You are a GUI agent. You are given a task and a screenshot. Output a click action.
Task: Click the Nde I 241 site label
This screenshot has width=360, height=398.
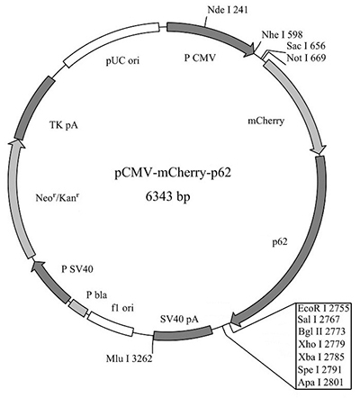[x=228, y=10]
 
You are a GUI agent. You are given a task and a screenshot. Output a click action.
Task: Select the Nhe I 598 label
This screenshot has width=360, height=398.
[x=282, y=34]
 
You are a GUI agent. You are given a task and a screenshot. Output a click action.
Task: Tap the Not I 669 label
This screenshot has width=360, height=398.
[x=306, y=58]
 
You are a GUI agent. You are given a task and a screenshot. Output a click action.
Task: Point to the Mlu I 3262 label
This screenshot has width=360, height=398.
[x=130, y=358]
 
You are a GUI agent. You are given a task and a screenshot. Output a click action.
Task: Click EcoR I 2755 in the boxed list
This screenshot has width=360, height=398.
[x=323, y=308]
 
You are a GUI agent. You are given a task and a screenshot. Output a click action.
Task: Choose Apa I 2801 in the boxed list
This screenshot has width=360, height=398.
[x=320, y=383]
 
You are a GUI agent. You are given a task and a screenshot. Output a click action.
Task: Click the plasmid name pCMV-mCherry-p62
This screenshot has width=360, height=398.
[x=173, y=174]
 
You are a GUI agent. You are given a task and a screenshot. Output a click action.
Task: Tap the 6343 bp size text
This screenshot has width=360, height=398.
[x=168, y=196]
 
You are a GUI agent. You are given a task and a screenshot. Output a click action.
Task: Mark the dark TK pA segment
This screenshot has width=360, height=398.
[x=32, y=106]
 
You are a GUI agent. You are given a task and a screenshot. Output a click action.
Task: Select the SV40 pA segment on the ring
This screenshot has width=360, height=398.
[x=183, y=333]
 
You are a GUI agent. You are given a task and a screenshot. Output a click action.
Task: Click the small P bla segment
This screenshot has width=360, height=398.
[x=78, y=308]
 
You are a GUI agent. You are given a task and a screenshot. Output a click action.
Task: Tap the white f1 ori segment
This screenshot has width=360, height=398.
[x=110, y=326]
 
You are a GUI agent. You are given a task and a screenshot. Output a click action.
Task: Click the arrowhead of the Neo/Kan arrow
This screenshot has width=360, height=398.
[x=15, y=144]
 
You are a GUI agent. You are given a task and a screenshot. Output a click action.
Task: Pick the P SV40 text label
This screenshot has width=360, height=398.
[x=77, y=269]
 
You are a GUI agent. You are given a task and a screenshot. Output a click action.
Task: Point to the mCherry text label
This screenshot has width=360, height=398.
[x=265, y=121]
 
